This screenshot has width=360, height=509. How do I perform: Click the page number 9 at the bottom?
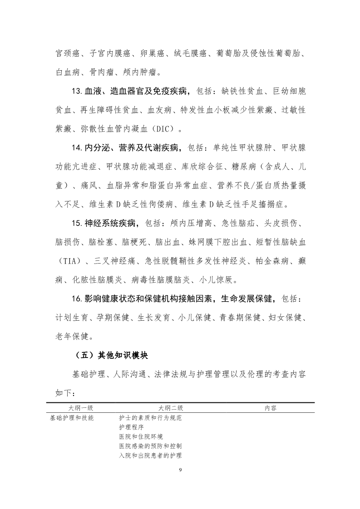[x=180, y=469]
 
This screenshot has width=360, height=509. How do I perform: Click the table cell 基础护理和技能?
[x=72, y=418]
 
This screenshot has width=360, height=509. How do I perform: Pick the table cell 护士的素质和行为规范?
[x=150, y=418]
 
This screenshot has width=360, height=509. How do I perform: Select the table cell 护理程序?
[x=132, y=427]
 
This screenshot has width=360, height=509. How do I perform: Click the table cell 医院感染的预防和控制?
[x=150, y=446]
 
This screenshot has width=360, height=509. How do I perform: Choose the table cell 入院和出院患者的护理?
[x=150, y=455]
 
